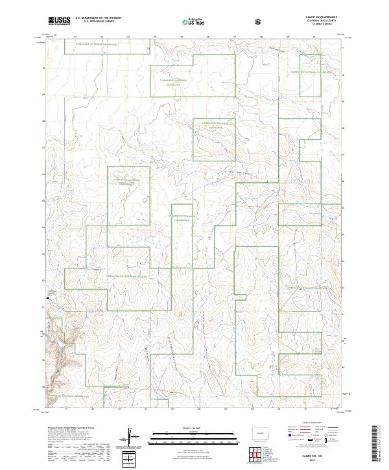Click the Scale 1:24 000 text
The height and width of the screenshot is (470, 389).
(x=185, y=427)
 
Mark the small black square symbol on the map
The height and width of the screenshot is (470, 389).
(x=47, y=298)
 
